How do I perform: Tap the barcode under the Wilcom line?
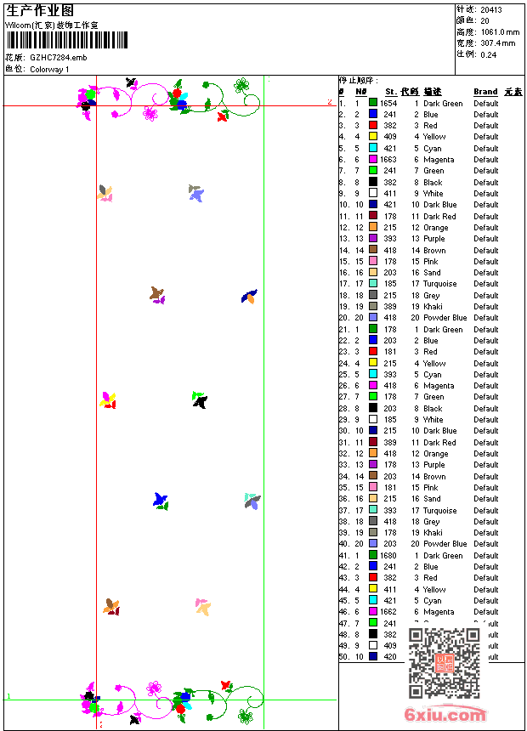(x=67, y=40)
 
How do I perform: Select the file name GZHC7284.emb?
(x=58, y=57)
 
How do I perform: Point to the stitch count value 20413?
(x=492, y=9)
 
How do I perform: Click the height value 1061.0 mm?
(x=499, y=31)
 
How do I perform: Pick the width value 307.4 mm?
(x=498, y=42)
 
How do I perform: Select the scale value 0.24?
(x=488, y=54)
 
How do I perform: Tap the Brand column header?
(x=485, y=92)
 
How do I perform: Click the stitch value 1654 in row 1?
(x=388, y=104)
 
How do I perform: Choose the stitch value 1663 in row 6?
(x=388, y=160)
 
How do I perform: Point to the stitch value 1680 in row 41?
(x=388, y=556)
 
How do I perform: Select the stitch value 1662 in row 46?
(x=388, y=612)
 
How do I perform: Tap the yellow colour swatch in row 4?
(x=373, y=137)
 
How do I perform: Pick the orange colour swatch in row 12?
(x=373, y=228)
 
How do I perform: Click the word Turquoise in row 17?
(x=439, y=284)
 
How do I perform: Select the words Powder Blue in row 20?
(x=445, y=318)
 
